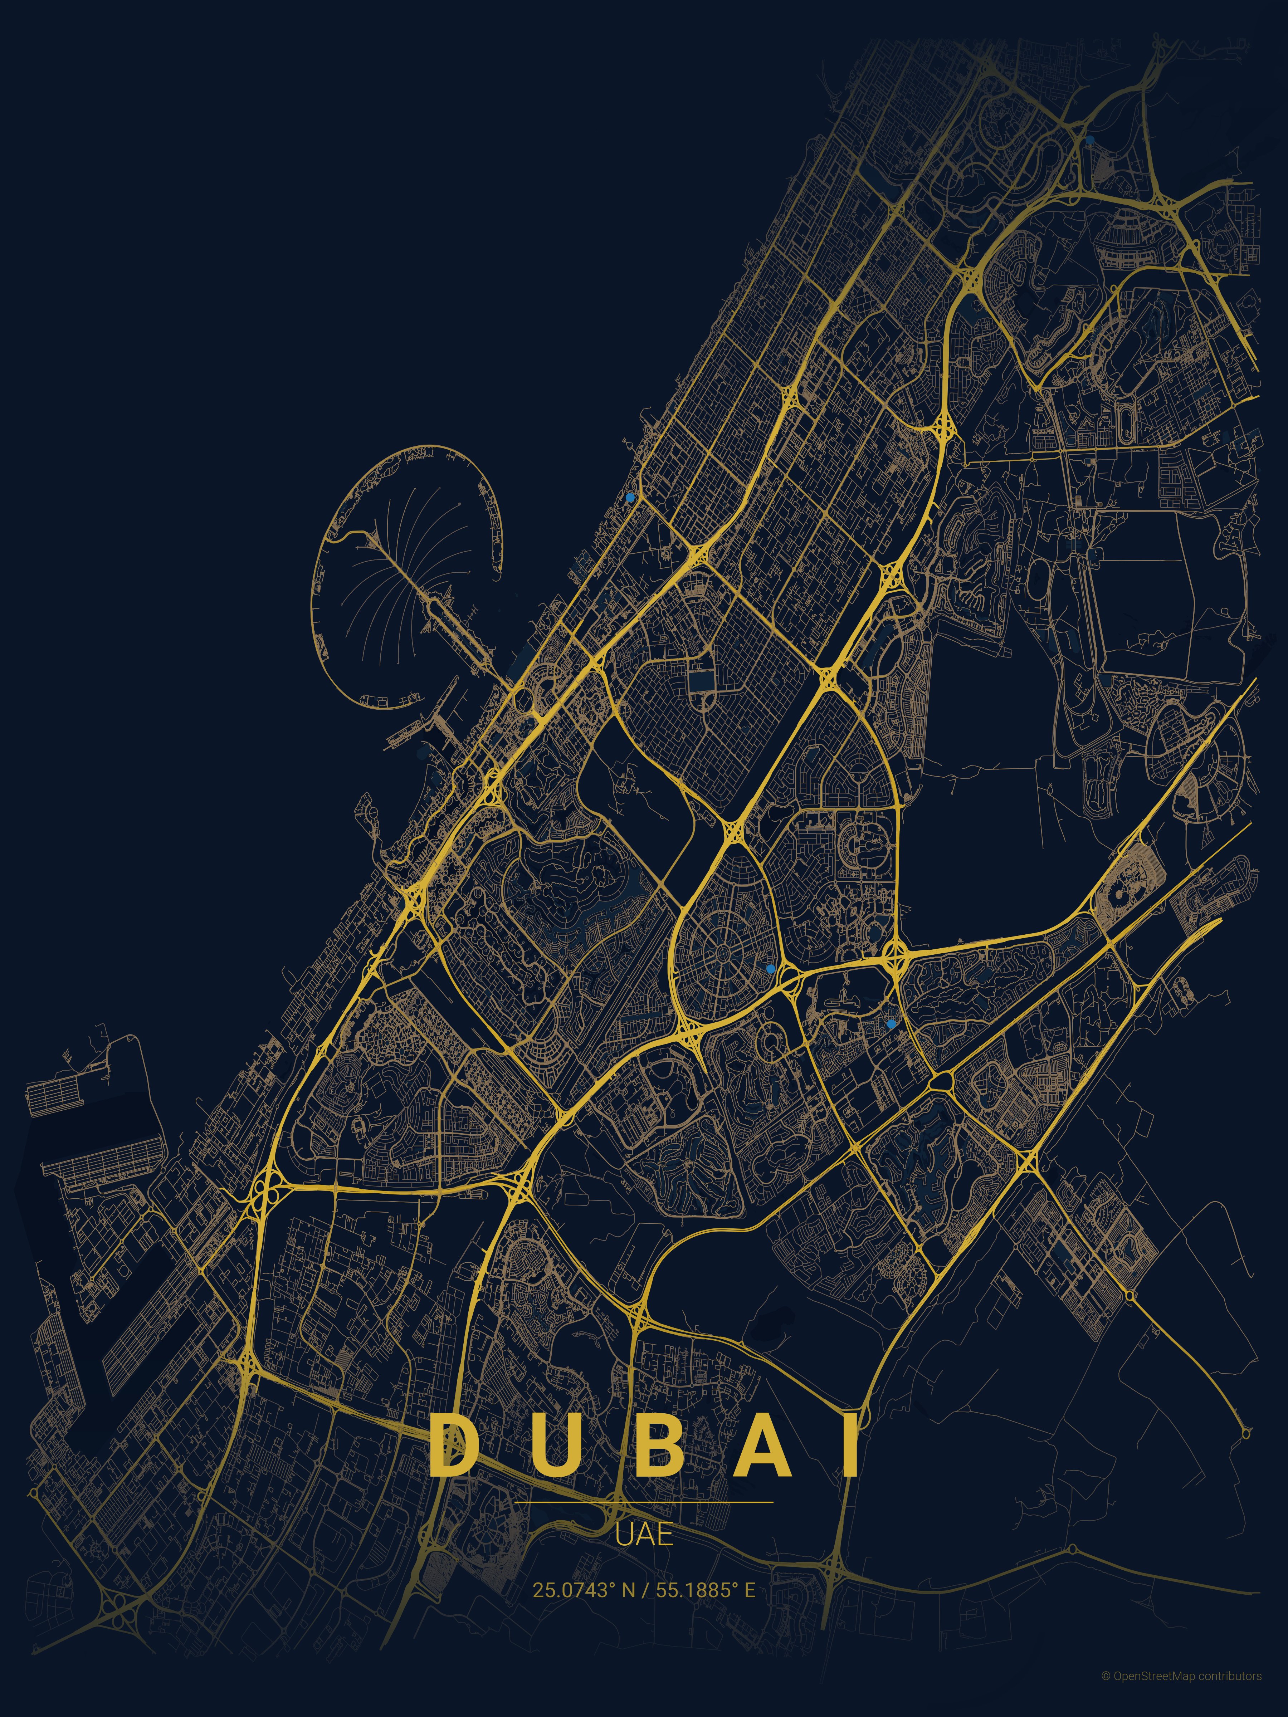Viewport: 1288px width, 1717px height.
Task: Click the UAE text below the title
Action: [x=644, y=1535]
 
